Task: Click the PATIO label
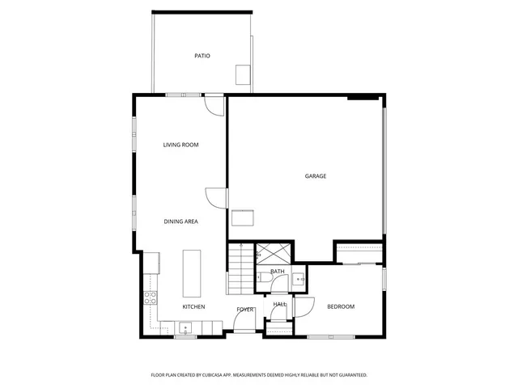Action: tap(202, 56)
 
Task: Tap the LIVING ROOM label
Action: tap(180, 145)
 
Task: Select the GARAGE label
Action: tap(316, 176)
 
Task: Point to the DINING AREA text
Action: tap(180, 221)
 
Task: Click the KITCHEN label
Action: tap(193, 306)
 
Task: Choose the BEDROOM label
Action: tap(341, 306)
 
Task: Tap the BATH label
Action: tap(278, 272)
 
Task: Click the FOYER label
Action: tap(245, 310)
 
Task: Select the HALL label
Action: tap(279, 304)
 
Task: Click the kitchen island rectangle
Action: tap(192, 274)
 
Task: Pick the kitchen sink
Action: tap(185, 330)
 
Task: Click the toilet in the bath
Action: tap(265, 278)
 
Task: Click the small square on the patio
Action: tap(243, 74)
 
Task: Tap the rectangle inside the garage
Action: tap(242, 217)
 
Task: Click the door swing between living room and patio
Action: tap(213, 106)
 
